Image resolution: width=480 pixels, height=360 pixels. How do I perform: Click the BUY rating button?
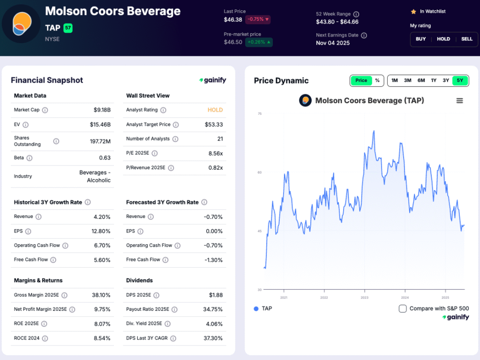tap(420, 39)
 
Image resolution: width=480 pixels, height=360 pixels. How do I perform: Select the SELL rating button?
tap(466, 39)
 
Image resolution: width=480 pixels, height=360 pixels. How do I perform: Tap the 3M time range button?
tap(407, 81)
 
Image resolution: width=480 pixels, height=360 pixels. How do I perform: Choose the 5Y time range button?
tap(459, 81)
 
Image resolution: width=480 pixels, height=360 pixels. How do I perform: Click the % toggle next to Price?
tap(377, 81)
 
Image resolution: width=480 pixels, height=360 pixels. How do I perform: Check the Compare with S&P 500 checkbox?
tap(403, 308)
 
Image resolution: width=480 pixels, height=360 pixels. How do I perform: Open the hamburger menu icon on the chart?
tap(459, 101)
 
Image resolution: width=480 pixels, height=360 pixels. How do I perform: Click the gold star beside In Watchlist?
tap(413, 11)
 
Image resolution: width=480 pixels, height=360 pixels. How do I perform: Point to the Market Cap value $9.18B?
tap(102, 110)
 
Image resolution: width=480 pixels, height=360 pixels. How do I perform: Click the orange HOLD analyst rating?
tap(215, 110)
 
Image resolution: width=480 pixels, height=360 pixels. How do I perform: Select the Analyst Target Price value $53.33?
tap(214, 125)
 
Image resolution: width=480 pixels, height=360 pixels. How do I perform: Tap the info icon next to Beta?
tap(30, 158)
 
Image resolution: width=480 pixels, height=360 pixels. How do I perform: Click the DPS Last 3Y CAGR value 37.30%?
tap(213, 338)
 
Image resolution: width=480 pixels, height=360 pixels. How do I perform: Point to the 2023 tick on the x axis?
tap(364, 298)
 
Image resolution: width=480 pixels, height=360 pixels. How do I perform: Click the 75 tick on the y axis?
tap(259, 114)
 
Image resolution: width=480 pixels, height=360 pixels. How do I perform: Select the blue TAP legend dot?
tap(256, 308)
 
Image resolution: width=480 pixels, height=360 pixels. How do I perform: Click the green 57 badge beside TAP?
tap(68, 28)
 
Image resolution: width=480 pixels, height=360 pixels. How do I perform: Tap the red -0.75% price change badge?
tap(257, 20)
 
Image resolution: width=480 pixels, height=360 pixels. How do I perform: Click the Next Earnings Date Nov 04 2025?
tap(333, 43)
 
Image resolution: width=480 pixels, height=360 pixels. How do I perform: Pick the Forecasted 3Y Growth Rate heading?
tap(162, 202)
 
